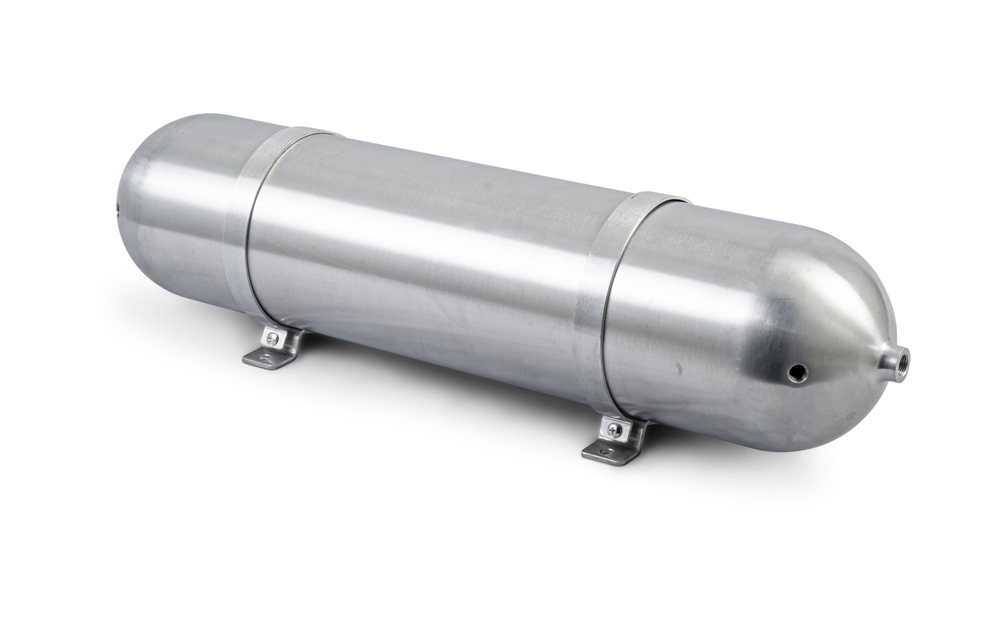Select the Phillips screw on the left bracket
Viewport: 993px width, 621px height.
272,339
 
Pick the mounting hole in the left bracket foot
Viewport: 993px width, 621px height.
264,357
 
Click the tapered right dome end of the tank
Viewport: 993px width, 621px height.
807,323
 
